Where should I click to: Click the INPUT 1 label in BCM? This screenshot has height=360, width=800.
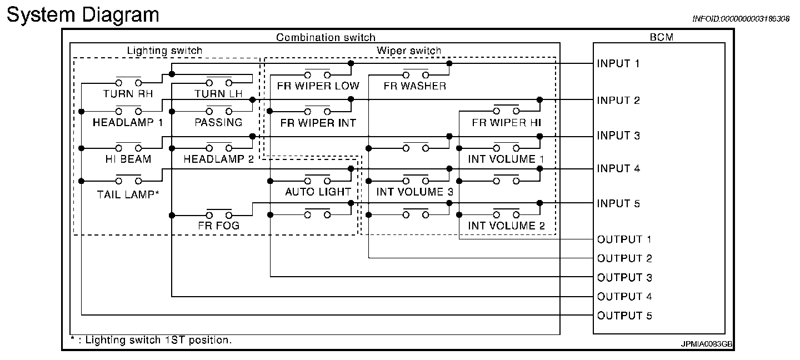[618, 63]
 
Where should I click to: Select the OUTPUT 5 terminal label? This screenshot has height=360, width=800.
[624, 316]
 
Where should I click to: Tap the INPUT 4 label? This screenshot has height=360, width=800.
[618, 168]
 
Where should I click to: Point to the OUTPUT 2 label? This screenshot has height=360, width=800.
[624, 258]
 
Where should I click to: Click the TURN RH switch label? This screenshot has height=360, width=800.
[128, 94]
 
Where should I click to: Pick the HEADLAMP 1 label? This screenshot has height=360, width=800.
[128, 122]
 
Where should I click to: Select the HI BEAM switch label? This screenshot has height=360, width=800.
[128, 159]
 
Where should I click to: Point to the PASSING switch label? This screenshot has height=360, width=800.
[218, 122]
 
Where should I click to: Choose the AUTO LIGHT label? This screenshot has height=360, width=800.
[318, 192]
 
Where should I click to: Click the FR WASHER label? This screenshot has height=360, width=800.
[414, 86]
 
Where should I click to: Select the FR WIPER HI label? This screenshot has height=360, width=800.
[506, 122]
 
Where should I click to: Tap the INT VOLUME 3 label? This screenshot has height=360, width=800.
[414, 192]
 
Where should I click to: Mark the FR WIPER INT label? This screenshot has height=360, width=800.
[318, 122]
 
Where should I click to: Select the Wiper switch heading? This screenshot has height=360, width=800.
[409, 51]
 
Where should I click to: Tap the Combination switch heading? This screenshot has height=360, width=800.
[326, 38]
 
